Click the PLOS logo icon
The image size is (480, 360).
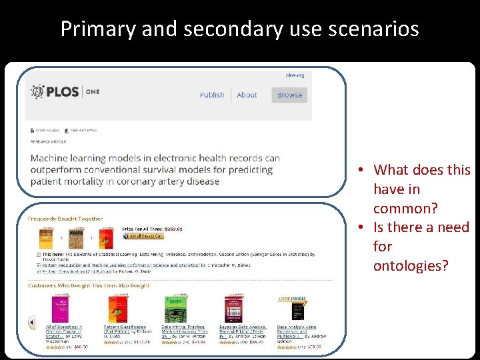pos(38,91)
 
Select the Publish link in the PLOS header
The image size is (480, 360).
pos(212,95)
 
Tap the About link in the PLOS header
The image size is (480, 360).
pos(247,95)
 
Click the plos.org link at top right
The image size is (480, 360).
pos(295,76)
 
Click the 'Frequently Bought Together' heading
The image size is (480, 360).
pos(65,219)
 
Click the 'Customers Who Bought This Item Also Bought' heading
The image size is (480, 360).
pos(89,285)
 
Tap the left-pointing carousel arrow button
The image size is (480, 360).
pos(31,323)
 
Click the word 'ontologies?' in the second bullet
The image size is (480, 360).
pos(411,265)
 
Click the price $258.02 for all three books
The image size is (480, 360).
pos(171,229)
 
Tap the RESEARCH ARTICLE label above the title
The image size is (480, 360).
pos(49,141)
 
